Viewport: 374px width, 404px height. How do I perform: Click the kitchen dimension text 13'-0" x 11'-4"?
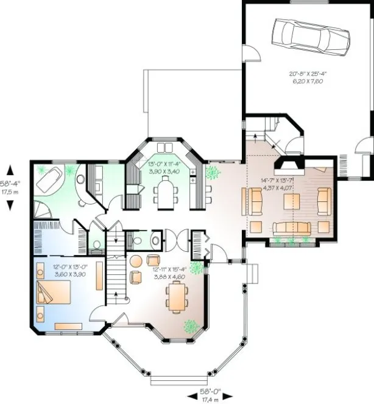164,167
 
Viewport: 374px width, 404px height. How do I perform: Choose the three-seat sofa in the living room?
291,228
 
